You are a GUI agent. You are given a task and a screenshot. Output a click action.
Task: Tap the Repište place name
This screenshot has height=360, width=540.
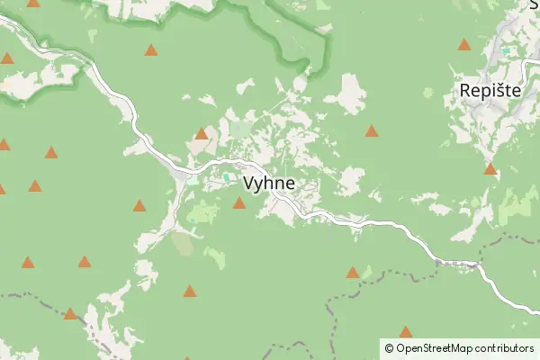tap(491, 91)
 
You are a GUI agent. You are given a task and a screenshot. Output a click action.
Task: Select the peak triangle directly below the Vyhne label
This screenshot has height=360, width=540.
tap(239, 203)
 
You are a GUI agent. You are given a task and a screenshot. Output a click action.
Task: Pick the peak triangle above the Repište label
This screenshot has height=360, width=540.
tap(464, 44)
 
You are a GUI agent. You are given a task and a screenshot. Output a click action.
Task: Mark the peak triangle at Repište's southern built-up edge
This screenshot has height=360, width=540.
tap(490, 168)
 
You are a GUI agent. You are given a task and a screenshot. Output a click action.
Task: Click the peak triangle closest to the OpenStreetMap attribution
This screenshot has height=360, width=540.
tap(406, 332)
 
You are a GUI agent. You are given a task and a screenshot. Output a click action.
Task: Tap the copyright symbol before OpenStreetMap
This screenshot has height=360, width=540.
tap(389, 347)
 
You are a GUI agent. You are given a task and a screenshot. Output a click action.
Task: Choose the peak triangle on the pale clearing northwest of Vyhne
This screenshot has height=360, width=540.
tap(202, 134)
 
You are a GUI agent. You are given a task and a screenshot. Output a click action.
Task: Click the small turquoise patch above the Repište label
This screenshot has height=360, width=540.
tap(513, 52)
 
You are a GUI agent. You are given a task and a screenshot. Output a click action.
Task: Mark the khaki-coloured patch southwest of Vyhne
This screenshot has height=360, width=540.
tap(183, 243)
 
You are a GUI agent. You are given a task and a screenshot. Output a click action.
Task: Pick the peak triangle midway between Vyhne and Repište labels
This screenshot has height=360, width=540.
tap(372, 131)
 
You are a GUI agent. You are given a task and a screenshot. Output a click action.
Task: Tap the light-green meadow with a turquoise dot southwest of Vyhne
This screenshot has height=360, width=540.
tap(203, 213)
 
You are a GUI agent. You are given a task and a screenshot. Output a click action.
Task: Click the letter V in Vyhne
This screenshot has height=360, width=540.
tap(249, 183)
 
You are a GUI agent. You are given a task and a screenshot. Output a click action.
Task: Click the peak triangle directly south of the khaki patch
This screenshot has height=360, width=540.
tap(190, 291)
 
